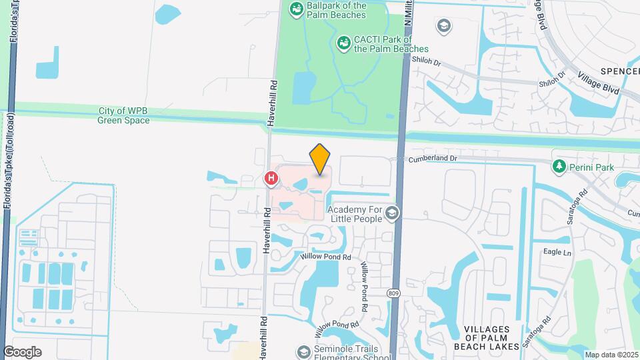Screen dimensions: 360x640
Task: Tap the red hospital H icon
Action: tap(271, 178)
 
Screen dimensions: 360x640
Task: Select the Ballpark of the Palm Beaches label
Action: tap(336, 9)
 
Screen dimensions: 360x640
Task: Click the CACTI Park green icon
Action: tap(344, 43)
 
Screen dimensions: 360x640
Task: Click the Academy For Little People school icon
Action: tap(391, 213)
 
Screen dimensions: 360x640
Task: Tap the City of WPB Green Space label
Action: tap(123, 115)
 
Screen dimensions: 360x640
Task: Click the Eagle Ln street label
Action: tap(557, 253)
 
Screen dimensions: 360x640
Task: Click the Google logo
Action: tap(22, 352)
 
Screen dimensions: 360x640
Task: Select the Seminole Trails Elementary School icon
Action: tap(304, 351)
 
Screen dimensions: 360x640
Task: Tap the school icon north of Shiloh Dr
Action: tap(443, 26)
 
